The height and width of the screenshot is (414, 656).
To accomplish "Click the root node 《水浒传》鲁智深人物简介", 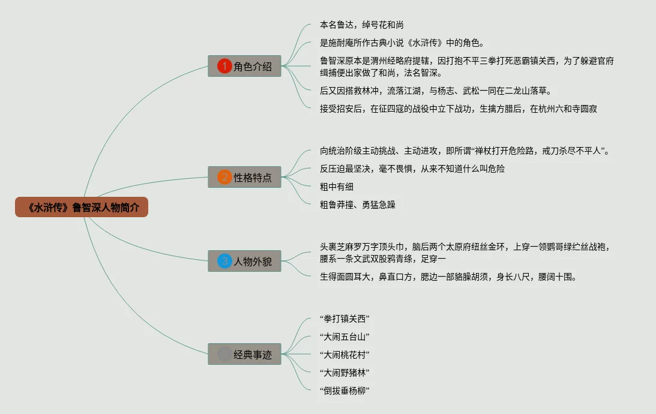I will point(82,208).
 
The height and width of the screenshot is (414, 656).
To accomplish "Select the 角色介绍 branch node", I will point(244,67).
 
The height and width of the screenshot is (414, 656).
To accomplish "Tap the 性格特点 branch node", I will point(244,177).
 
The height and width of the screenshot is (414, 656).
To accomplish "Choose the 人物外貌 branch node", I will point(244,261).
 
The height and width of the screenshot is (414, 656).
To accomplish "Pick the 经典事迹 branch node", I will point(244,354).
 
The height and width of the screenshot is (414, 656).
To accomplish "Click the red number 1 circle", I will point(224,67).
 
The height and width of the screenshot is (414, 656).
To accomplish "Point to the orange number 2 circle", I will point(224,177).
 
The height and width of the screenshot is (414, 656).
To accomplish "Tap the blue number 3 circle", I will point(224,261).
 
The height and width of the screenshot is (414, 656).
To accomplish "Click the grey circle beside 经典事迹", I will point(224,354).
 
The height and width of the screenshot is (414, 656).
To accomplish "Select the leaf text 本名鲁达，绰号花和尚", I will point(361,25).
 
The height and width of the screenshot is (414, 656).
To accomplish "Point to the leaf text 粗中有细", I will point(337,187).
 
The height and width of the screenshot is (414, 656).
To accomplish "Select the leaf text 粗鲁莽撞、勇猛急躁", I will point(358,205).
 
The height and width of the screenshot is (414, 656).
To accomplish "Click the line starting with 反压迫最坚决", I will point(412,169).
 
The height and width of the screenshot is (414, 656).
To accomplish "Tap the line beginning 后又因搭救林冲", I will point(435,91).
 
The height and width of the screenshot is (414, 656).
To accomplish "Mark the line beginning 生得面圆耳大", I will point(448,277).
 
